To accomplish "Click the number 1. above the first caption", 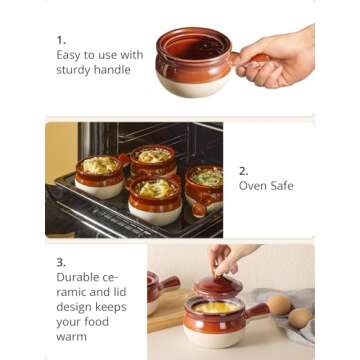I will (60, 39).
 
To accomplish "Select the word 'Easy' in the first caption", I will (69, 55).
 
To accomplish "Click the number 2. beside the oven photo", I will (243, 170).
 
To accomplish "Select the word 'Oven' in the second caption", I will (253, 186).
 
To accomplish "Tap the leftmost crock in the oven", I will (98, 174).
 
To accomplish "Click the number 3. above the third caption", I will (61, 261).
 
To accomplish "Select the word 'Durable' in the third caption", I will (79, 277).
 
